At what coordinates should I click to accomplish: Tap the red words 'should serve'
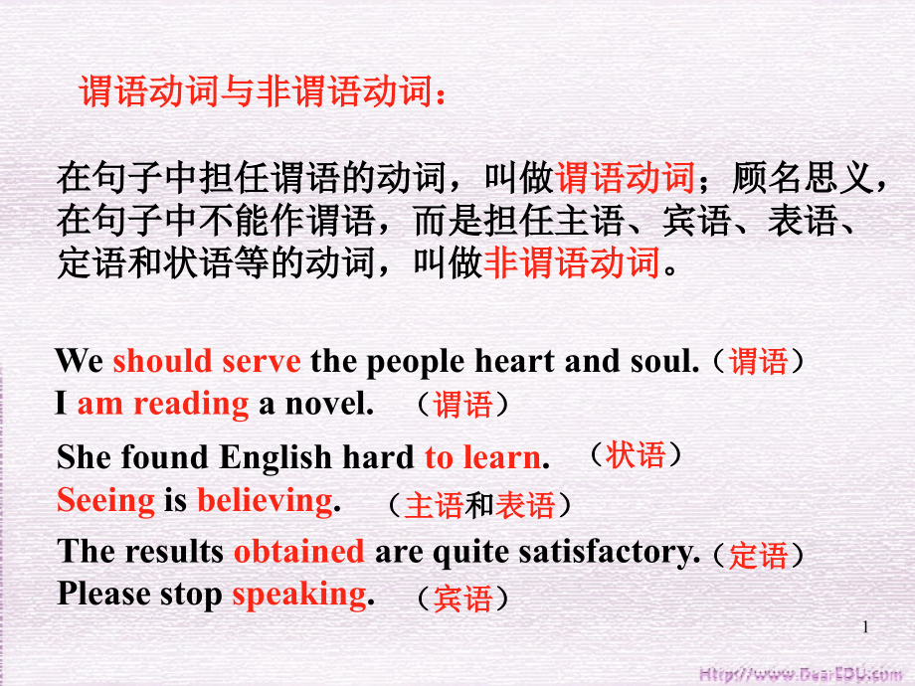click(x=207, y=361)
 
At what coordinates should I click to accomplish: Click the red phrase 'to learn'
click(x=482, y=456)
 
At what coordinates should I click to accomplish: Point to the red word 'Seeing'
click(x=105, y=501)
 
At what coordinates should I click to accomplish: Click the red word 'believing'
click(x=265, y=501)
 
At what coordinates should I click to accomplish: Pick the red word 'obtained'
click(x=299, y=550)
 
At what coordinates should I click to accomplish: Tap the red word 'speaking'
click(x=299, y=596)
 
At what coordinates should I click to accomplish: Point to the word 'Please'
click(x=103, y=595)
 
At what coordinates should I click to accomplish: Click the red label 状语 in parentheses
click(x=636, y=454)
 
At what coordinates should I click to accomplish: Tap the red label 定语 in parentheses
click(x=758, y=555)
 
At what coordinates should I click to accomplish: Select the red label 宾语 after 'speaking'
click(x=462, y=599)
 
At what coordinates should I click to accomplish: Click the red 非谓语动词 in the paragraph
click(x=572, y=262)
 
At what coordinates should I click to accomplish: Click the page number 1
click(x=865, y=627)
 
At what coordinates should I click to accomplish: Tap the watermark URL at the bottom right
click(x=801, y=674)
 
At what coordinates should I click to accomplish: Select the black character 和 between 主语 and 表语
click(x=478, y=505)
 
